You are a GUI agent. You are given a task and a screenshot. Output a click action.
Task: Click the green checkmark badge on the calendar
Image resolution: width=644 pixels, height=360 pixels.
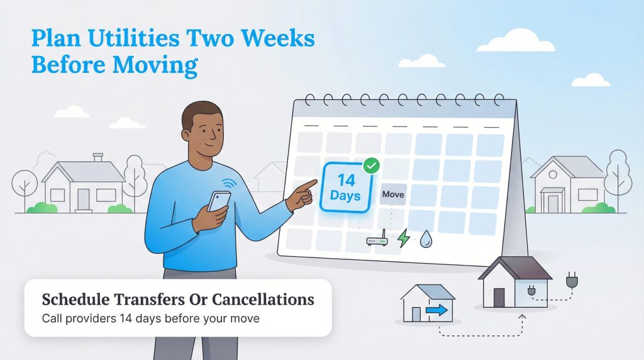(x=372, y=166)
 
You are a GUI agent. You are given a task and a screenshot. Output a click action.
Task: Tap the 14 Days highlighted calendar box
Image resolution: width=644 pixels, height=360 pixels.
(x=345, y=187)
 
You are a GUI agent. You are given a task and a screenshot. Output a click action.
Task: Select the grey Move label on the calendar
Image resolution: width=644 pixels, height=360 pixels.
(x=393, y=194)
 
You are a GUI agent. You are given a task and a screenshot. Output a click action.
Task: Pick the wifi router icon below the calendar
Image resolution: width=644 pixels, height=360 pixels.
(x=377, y=240)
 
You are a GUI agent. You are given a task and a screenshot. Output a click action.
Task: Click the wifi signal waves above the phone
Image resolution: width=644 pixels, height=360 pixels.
(x=228, y=183)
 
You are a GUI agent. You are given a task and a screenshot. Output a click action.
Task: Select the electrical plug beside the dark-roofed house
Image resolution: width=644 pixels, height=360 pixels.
(x=571, y=280)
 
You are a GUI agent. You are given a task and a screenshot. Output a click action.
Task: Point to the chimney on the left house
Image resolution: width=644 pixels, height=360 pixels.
(x=97, y=157)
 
